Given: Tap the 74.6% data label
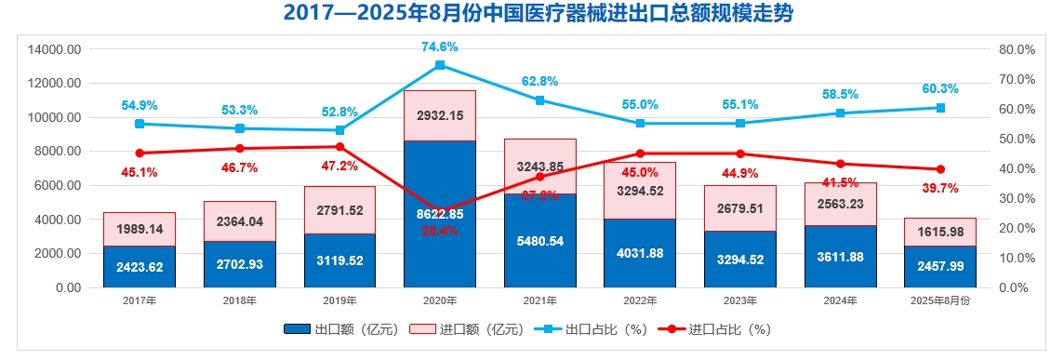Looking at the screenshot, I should (440, 47).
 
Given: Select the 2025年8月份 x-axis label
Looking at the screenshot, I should (940, 300).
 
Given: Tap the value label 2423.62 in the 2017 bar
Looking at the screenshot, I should (140, 268).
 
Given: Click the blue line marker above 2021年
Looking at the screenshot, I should (540, 100).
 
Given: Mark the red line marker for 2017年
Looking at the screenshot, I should (140, 153).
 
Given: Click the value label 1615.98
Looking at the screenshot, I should (940, 232).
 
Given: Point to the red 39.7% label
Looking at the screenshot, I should (940, 189).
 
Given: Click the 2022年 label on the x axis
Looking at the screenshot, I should (640, 300).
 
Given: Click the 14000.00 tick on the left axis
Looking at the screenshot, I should (56, 49).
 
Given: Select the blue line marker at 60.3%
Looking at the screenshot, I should (940, 108).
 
